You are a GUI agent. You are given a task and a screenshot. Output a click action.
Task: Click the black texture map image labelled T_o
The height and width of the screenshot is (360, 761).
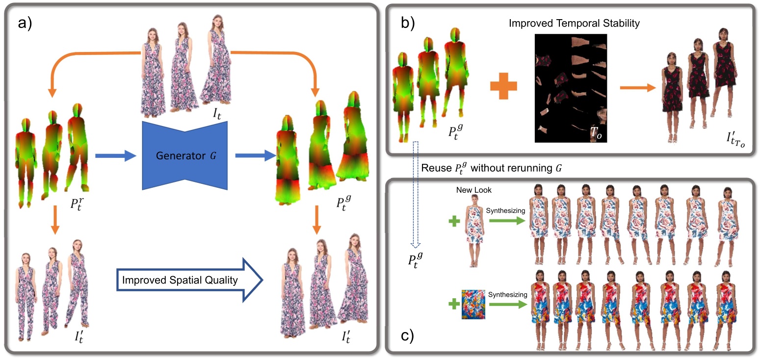coord(570,88)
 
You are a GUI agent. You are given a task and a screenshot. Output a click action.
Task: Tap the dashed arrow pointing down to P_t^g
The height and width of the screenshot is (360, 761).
coord(415,196)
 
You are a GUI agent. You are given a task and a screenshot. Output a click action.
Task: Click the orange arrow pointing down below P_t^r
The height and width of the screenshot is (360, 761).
coord(54,225)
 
